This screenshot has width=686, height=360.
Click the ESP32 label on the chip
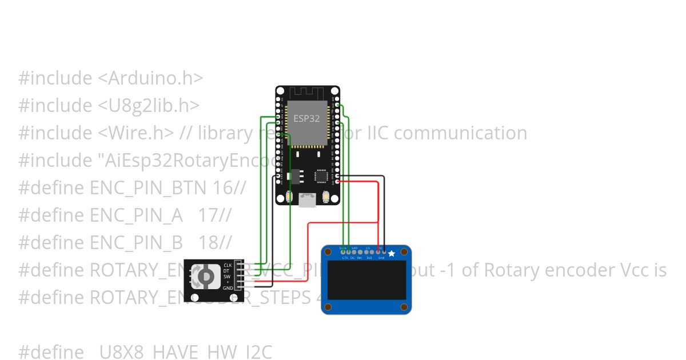tap(306, 118)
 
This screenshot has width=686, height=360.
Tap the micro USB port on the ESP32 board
tap(308, 199)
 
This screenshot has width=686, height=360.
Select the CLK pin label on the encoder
tap(228, 265)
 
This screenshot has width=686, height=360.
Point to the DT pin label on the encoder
tap(226, 271)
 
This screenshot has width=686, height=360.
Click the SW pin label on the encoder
tap(227, 277)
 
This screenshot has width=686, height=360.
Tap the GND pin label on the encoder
tap(228, 288)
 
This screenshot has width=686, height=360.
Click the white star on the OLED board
tap(392, 253)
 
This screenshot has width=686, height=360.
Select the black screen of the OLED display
tap(366, 280)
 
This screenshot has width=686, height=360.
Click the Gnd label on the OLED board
tap(381, 258)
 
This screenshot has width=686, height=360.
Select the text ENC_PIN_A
tap(137, 215)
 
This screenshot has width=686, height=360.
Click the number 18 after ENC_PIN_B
tap(209, 242)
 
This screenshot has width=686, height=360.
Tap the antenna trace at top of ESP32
tap(308, 93)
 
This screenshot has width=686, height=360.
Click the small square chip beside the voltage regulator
tap(321, 175)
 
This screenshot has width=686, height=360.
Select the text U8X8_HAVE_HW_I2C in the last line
tap(186, 351)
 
